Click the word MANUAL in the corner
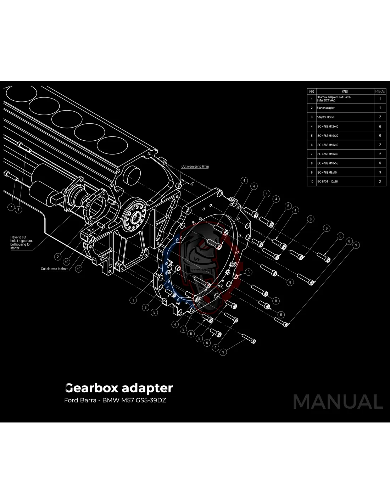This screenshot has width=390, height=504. click(x=338, y=402)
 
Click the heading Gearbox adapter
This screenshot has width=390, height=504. click(x=119, y=388)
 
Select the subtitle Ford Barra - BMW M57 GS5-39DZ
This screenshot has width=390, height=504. click(x=115, y=401)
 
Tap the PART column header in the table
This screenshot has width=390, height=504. click(x=345, y=91)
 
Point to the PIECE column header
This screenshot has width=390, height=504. click(x=380, y=91)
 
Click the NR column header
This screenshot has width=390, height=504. click(x=312, y=91)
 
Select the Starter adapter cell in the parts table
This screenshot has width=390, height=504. click(x=325, y=108)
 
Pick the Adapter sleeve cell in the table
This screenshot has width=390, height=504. click(x=325, y=117)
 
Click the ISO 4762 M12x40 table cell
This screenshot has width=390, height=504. click(x=327, y=127)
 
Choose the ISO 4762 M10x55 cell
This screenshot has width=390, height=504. click(x=327, y=163)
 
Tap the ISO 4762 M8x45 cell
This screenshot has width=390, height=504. click(x=327, y=173)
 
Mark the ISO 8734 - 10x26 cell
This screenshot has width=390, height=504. click(x=327, y=181)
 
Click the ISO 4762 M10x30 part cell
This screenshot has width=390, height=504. click(x=327, y=136)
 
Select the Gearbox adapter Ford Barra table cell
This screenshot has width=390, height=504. click(x=334, y=99)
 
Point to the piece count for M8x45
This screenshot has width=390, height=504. click(x=380, y=173)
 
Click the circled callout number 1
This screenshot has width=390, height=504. click(x=133, y=300)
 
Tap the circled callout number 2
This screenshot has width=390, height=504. click(x=58, y=257)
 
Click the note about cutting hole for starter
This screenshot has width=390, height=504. click(x=21, y=243)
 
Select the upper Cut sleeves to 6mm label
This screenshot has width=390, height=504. click(x=195, y=166)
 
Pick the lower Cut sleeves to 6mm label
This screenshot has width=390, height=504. click(x=54, y=269)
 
